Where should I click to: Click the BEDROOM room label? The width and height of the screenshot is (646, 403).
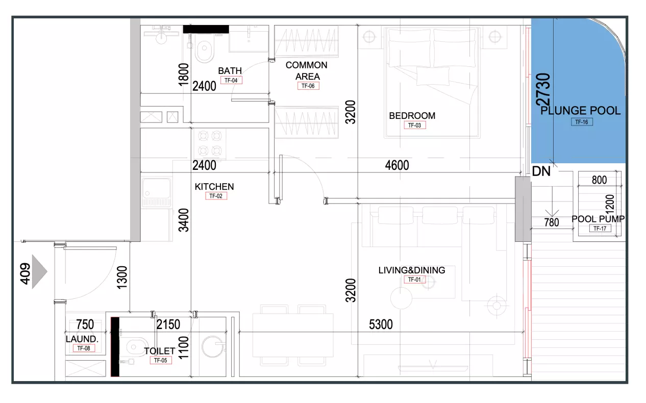pos(412,116)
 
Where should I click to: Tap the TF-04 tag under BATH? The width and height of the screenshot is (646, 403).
pos(231,81)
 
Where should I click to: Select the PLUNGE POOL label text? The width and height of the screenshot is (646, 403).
pos(580,111)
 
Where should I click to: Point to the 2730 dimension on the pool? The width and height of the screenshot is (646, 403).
pos(543,89)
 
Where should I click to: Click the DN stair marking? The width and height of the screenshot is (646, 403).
pos(541,171)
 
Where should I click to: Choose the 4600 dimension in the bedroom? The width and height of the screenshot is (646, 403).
pos(397,165)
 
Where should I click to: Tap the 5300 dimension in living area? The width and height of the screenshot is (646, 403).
pos(381,324)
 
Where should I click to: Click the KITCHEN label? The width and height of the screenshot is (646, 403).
pos(214,187)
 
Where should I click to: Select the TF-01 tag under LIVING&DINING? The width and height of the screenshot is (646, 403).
pos(414,280)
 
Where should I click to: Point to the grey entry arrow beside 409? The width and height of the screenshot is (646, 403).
pos(39,271)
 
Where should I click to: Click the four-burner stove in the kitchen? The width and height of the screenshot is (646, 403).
pos(210,143)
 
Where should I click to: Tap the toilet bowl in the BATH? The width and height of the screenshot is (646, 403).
pos(204,51)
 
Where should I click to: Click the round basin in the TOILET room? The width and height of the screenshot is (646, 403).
pos(213,346)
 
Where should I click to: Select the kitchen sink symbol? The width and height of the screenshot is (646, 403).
pos(156,192)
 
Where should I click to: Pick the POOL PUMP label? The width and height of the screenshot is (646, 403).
pos(598,219)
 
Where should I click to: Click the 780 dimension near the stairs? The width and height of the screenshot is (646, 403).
pos(552,222)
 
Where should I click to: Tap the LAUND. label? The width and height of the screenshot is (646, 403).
pos(82,339)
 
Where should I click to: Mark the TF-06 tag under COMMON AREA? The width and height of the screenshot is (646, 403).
pos(308,86)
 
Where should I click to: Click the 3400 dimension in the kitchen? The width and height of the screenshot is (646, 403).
pos(184,220)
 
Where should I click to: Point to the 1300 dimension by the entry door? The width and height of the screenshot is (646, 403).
pos(122,278)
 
